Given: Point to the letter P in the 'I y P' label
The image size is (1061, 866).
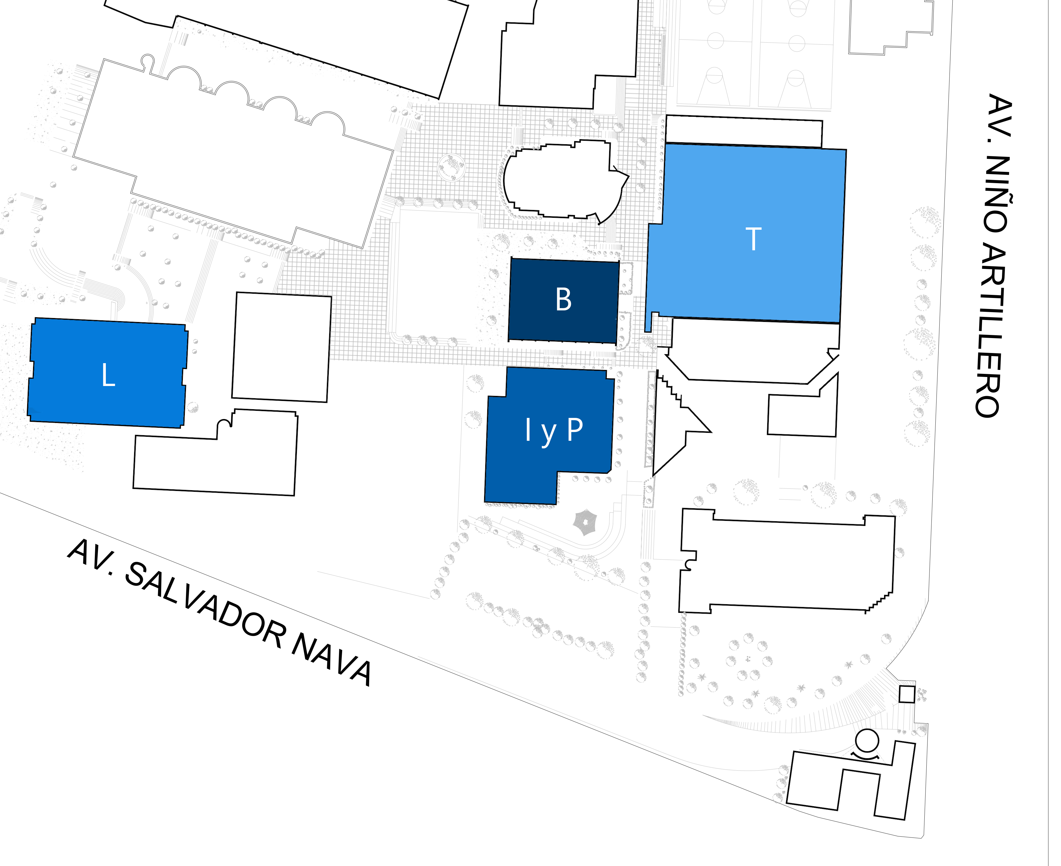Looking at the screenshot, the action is point(575,429).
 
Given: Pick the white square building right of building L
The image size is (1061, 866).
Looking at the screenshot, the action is point(281,347).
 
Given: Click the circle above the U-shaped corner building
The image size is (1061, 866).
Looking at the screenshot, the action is point(867,741).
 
